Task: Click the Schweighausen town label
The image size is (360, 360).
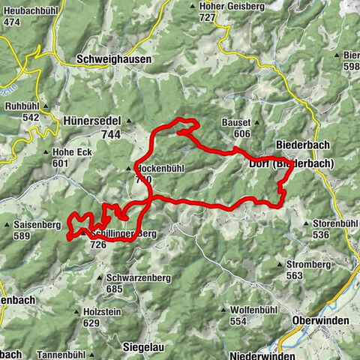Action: tap(113, 58)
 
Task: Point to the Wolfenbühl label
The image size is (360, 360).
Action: tap(254, 310)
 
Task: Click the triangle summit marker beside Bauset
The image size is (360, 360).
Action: tap(215, 122)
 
